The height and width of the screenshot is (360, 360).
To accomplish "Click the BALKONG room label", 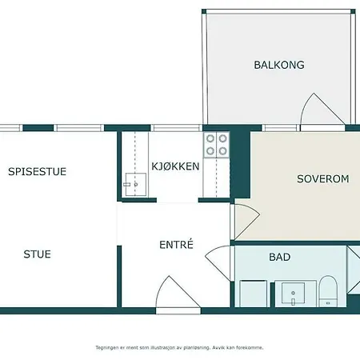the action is pyautogui.click(x=279, y=65).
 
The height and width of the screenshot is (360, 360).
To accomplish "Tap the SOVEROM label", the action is pyautogui.click(x=323, y=179).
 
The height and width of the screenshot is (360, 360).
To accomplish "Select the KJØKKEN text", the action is pyautogui.click(x=175, y=166).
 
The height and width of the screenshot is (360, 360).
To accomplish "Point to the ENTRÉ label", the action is pyautogui.click(x=176, y=244).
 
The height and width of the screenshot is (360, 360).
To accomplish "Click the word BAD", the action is pyautogui.click(x=280, y=257).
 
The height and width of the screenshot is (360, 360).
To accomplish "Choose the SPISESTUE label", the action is pyautogui.click(x=37, y=171).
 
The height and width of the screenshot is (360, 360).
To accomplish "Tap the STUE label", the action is pyautogui.click(x=37, y=254).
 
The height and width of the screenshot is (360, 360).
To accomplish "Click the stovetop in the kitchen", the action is pyautogui.click(x=217, y=145).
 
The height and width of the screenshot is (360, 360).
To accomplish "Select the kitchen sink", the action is pyautogui.click(x=135, y=184).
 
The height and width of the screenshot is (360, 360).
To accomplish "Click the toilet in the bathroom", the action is pyautogui.click(x=328, y=291).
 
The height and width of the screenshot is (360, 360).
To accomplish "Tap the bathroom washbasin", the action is pyautogui.click(x=293, y=294).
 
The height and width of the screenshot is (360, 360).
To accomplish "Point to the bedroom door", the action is pyautogui.click(x=246, y=221).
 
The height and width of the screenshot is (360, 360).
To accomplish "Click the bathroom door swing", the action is pyautogui.click(x=218, y=262).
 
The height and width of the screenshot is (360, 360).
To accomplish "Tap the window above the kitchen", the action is pyautogui.click(x=176, y=128).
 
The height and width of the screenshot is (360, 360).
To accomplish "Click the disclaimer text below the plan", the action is pyautogui.click(x=179, y=348).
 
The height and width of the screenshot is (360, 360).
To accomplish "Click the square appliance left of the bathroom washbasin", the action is pyautogui.click(x=253, y=294).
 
